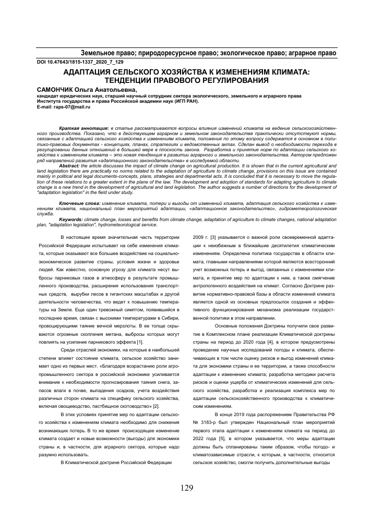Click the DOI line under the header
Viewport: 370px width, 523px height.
tap(73, 62)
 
